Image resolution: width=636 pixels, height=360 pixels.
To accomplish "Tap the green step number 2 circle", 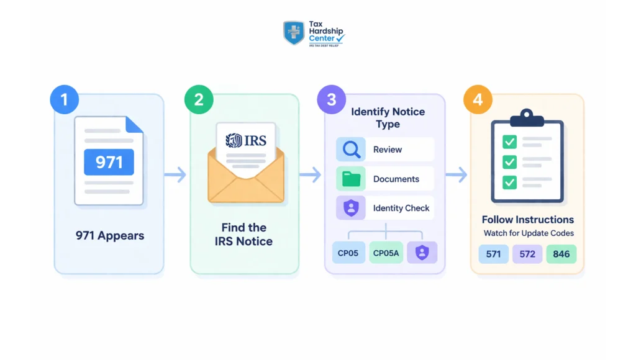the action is point(199,101).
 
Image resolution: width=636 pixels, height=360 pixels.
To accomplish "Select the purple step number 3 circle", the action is point(332,101).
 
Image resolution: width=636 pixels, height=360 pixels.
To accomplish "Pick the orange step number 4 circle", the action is point(478,101).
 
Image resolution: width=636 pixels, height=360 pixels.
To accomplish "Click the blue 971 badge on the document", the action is point(109,163).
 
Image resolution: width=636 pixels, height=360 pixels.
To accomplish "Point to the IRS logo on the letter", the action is point(246,140).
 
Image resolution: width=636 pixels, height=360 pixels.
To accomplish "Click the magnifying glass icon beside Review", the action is point(351,150).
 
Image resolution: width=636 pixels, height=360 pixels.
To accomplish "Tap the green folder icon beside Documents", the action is point(351,179).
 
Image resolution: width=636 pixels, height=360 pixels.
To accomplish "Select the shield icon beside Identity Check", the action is point(351,208).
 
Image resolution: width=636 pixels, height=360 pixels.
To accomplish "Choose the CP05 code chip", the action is point(348,253).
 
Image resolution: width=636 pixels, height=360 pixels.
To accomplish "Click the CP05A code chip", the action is point(386,253).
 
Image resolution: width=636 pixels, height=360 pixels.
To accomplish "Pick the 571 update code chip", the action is point(494,254).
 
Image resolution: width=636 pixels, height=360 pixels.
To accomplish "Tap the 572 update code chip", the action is point(527,254).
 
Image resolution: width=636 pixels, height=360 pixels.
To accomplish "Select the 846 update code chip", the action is point(561,254).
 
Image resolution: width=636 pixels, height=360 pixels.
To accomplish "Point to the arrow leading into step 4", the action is point(457,175).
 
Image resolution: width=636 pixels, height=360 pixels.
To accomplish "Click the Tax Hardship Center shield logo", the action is point(293,32).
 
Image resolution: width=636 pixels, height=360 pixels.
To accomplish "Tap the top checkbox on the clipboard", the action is point(509,142).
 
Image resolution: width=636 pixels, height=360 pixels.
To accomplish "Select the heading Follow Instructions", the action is point(527,220).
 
